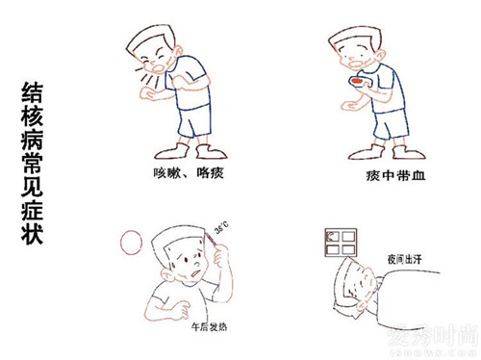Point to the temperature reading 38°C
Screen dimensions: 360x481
221,230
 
